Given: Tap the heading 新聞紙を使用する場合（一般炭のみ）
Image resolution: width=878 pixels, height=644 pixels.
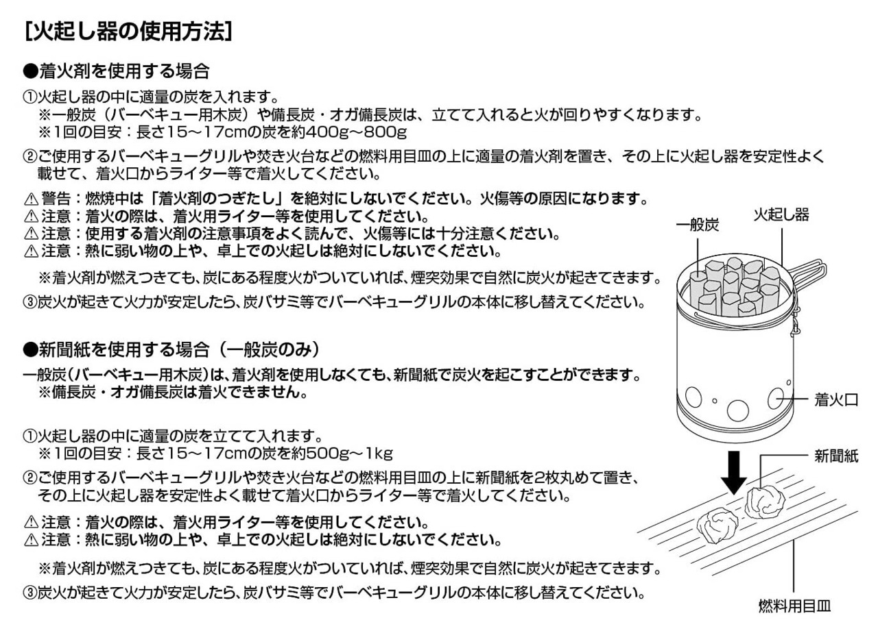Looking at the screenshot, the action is pos(171,349).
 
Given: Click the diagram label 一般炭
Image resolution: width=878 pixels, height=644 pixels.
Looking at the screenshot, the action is pos(697,225).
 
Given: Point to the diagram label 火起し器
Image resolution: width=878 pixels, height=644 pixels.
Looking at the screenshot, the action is pos(781,214).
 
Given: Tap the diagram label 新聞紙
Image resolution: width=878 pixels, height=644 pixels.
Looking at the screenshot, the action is pos(835,456).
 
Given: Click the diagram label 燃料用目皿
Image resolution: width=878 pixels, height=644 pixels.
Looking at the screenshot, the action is pos(794,606).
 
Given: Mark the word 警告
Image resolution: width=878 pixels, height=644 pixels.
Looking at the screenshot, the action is pos(56,199).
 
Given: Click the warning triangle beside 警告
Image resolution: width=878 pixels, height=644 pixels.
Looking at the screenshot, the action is pos(31,199).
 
